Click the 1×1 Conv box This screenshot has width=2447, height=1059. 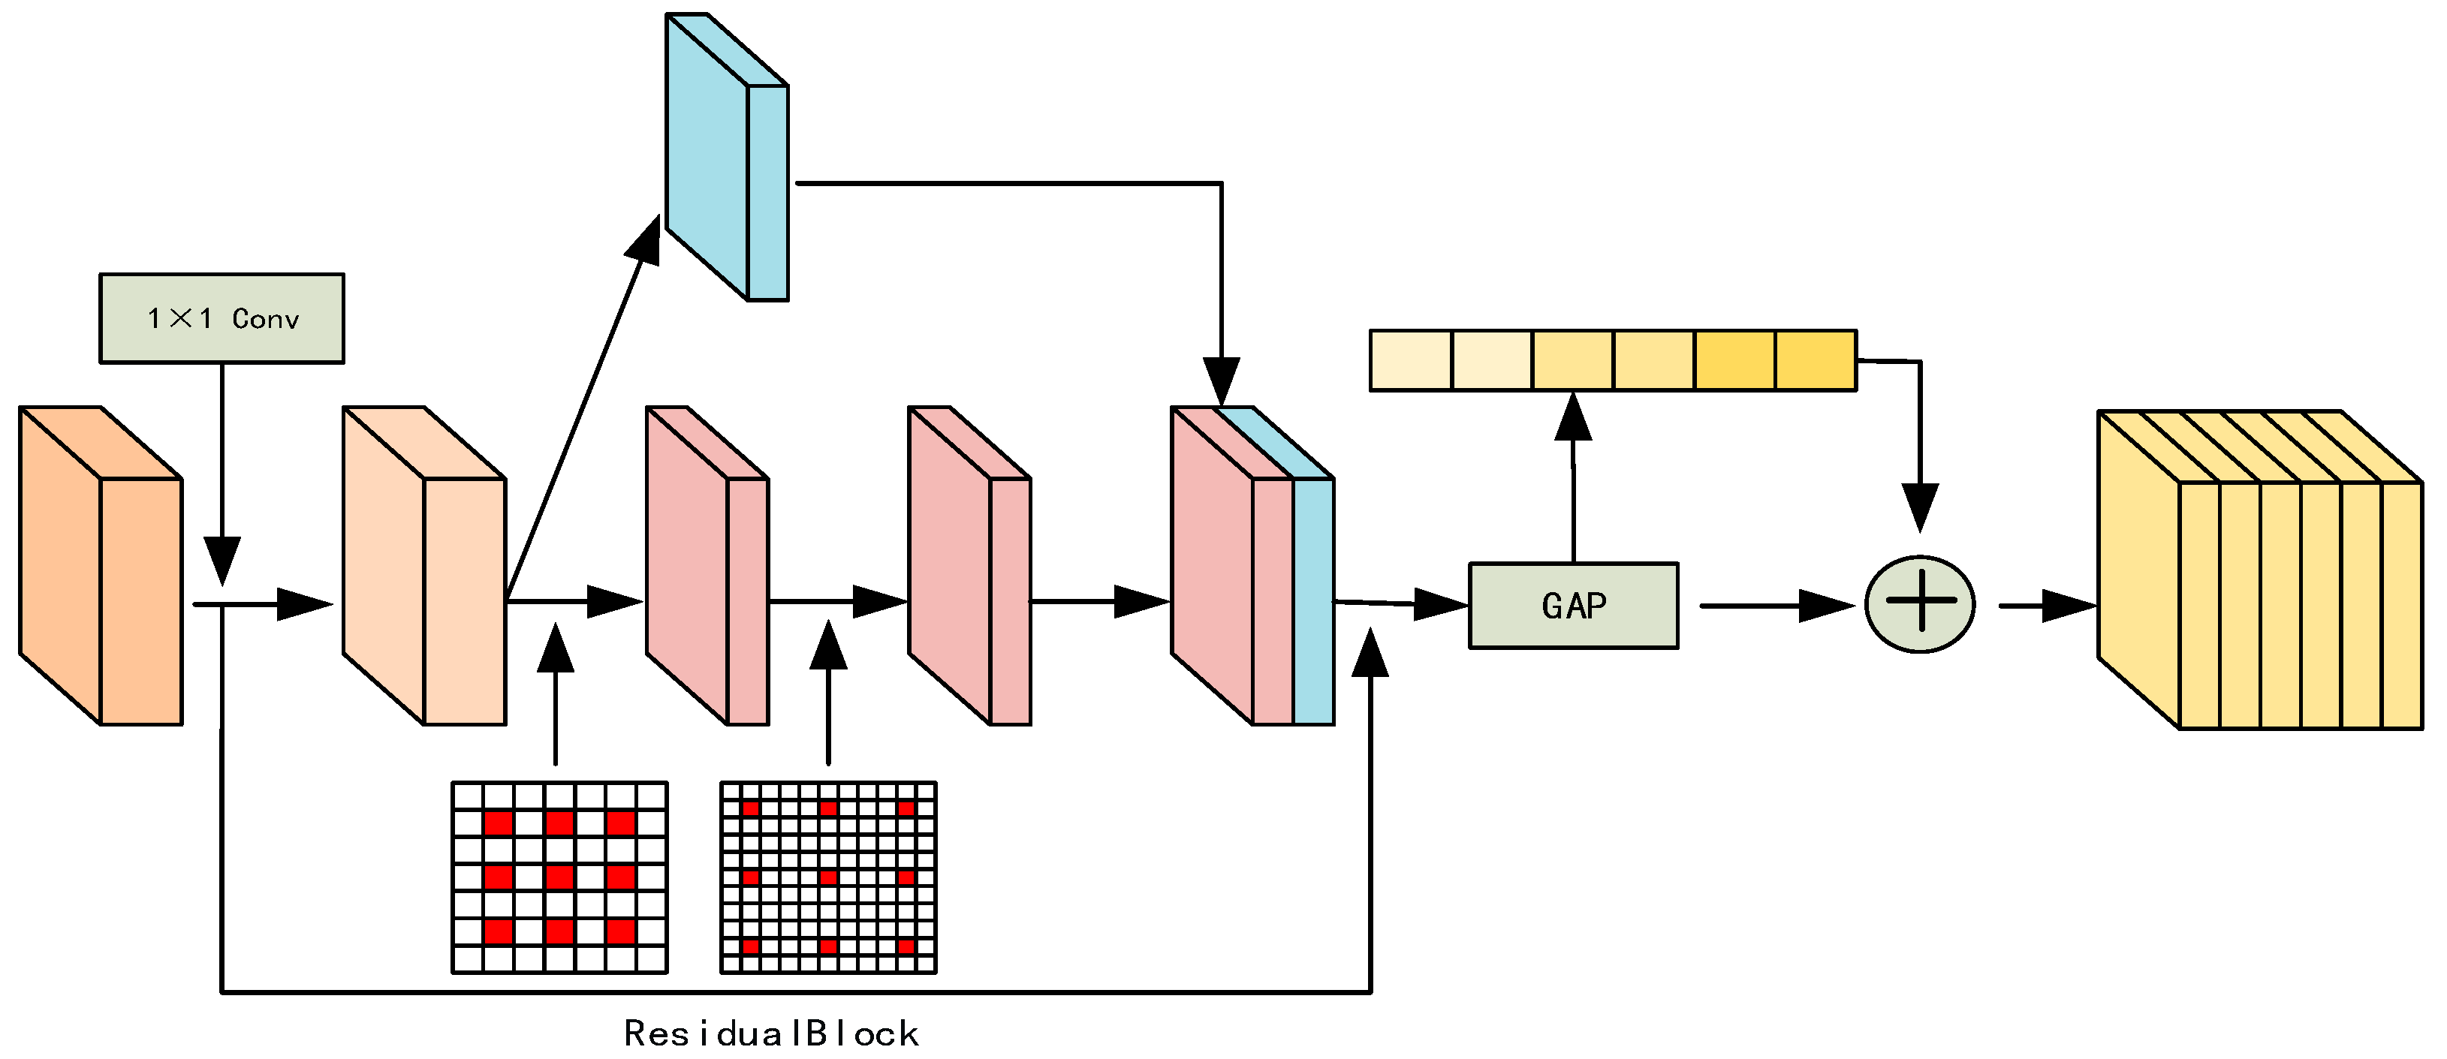click(221, 318)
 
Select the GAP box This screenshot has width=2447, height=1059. click(1573, 606)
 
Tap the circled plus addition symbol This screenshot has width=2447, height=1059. click(1920, 604)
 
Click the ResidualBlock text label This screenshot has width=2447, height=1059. click(770, 1033)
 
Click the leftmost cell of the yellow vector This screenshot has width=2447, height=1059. click(1411, 361)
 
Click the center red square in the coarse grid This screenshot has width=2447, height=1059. click(559, 877)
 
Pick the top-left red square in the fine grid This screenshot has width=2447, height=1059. click(750, 808)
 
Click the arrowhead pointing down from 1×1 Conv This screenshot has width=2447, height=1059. click(222, 561)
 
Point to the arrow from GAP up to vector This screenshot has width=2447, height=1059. click(1573, 475)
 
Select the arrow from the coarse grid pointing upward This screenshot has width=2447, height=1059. click(556, 693)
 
